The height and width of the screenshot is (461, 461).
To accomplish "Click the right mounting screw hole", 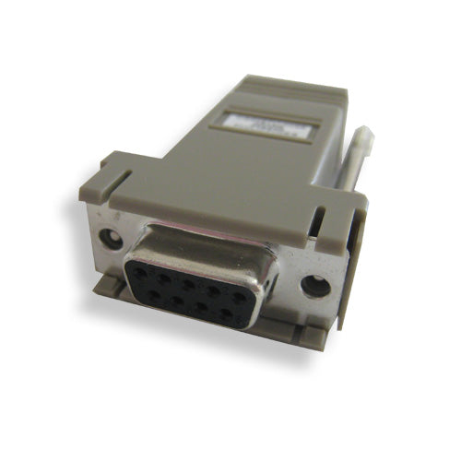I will point(315,286).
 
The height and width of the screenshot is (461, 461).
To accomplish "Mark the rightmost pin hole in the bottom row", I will point(227,313).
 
